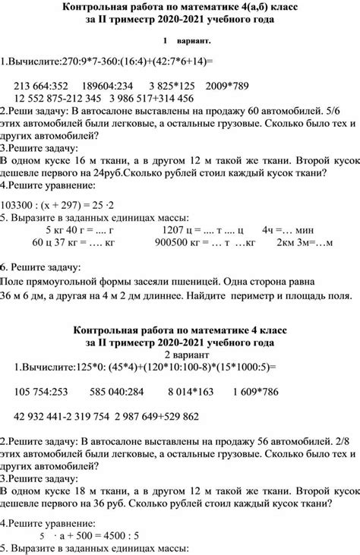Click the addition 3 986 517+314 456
pyautogui.click(x=152, y=98)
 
